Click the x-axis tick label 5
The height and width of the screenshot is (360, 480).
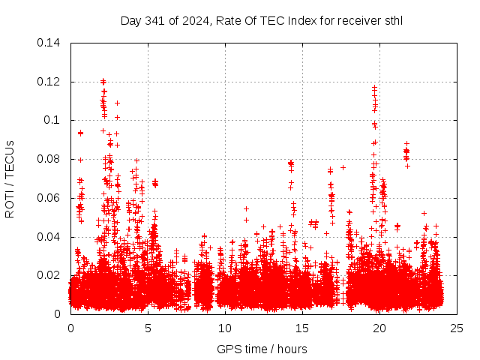[x=148, y=328]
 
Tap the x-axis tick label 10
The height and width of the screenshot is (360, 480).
[x=225, y=328]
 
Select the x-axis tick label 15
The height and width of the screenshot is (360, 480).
[x=302, y=328]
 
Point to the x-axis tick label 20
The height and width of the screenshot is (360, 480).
[x=379, y=328]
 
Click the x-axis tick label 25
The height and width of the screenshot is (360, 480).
[x=457, y=328]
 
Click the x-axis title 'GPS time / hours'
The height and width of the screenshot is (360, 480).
[x=262, y=349]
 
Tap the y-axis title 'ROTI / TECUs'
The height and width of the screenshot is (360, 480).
[x=10, y=178]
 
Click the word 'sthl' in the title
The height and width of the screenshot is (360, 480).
[x=392, y=20]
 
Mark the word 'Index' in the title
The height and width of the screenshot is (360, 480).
[x=291, y=20]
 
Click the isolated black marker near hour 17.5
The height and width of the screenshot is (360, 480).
[x=343, y=167]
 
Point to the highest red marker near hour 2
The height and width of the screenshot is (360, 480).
[x=103, y=81]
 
